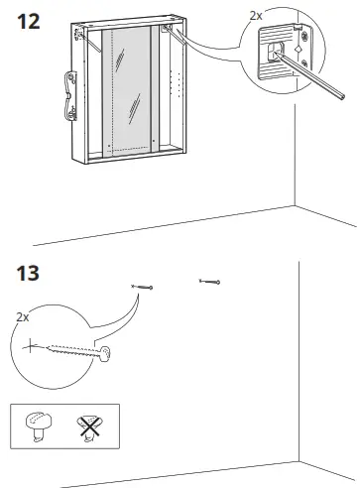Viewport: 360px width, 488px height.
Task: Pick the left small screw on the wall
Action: pyautogui.click(x=142, y=287)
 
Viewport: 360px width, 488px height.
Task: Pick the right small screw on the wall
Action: pyautogui.click(x=209, y=281)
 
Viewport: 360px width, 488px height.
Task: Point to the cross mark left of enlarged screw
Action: pyautogui.click(x=32, y=346)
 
